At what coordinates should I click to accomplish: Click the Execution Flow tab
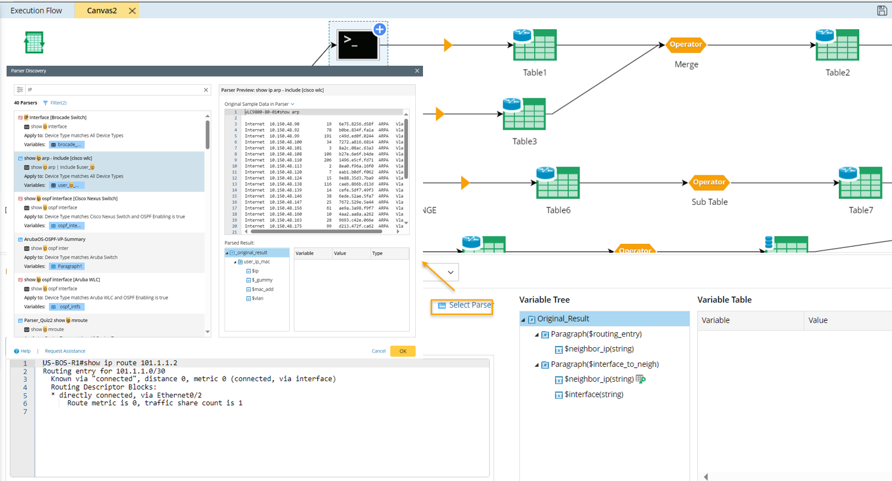click(x=36, y=10)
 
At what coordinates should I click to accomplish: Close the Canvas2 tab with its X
click(x=132, y=10)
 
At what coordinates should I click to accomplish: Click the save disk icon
click(x=881, y=10)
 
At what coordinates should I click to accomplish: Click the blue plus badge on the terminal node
click(x=379, y=29)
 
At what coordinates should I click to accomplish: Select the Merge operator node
click(x=686, y=45)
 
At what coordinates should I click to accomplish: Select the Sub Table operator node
click(x=709, y=182)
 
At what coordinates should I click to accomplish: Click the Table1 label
click(x=534, y=72)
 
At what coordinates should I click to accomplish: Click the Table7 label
click(x=861, y=210)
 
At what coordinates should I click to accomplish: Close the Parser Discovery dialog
click(x=417, y=71)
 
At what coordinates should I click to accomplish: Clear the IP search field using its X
click(x=206, y=90)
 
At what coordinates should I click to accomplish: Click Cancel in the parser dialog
click(x=379, y=351)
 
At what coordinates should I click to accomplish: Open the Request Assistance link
click(x=65, y=351)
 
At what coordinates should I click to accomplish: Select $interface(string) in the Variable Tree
click(x=594, y=394)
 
